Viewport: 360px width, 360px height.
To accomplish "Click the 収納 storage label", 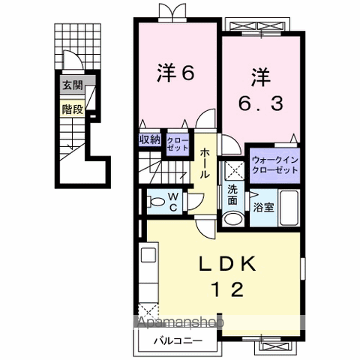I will (x=149, y=139).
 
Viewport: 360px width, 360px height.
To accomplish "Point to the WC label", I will (x=172, y=202).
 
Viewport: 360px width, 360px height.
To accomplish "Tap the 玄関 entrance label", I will (x=72, y=85).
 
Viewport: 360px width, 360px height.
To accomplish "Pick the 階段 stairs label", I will (x=72, y=107).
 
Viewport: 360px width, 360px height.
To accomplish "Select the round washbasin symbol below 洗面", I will (x=232, y=218).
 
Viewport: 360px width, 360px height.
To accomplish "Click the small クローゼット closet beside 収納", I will (x=178, y=142).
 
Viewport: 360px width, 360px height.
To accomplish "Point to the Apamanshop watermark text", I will (x=179, y=322).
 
